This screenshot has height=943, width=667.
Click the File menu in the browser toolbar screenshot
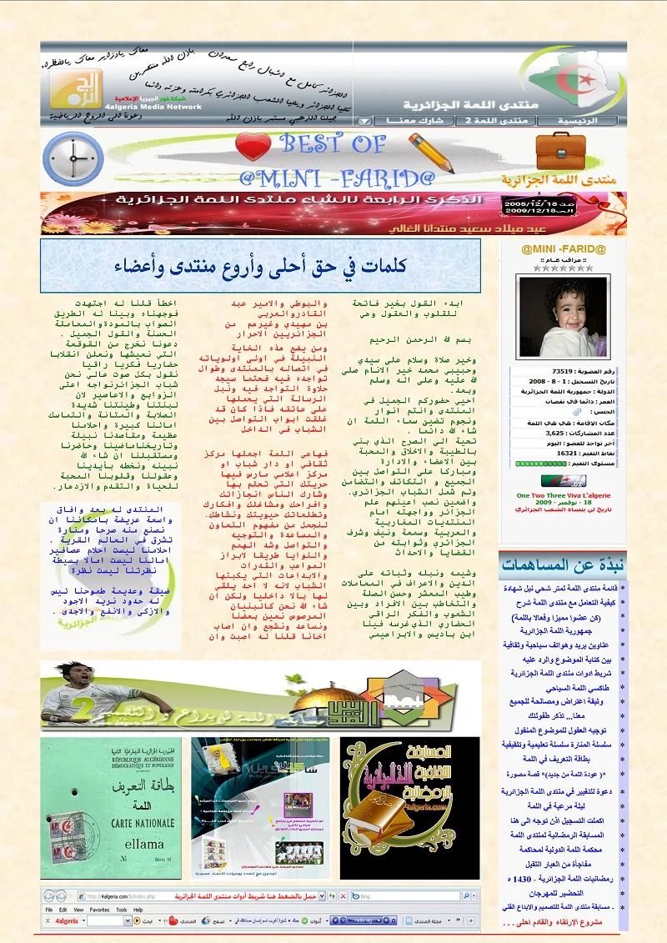point(50,910)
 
